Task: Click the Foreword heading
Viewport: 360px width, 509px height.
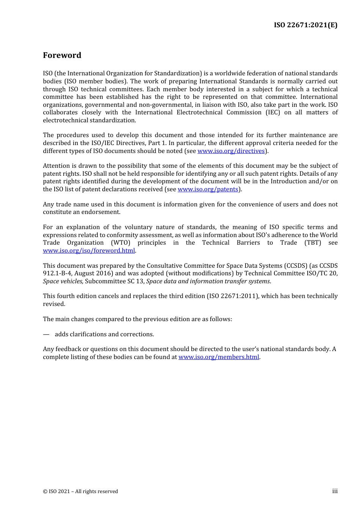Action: (62, 55)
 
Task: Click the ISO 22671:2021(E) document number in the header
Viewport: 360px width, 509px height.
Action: (305, 25)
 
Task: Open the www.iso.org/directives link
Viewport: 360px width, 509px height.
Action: (231, 151)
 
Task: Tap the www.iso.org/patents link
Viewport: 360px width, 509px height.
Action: (208, 189)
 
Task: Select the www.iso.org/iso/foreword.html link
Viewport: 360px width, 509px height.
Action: (89, 251)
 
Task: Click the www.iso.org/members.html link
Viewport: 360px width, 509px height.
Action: (219, 357)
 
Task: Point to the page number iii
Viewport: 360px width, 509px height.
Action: (335, 491)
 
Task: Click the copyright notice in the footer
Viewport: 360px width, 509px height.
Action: (80, 492)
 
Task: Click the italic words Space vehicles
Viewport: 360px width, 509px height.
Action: (63, 281)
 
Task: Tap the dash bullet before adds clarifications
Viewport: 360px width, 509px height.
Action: (46, 334)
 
